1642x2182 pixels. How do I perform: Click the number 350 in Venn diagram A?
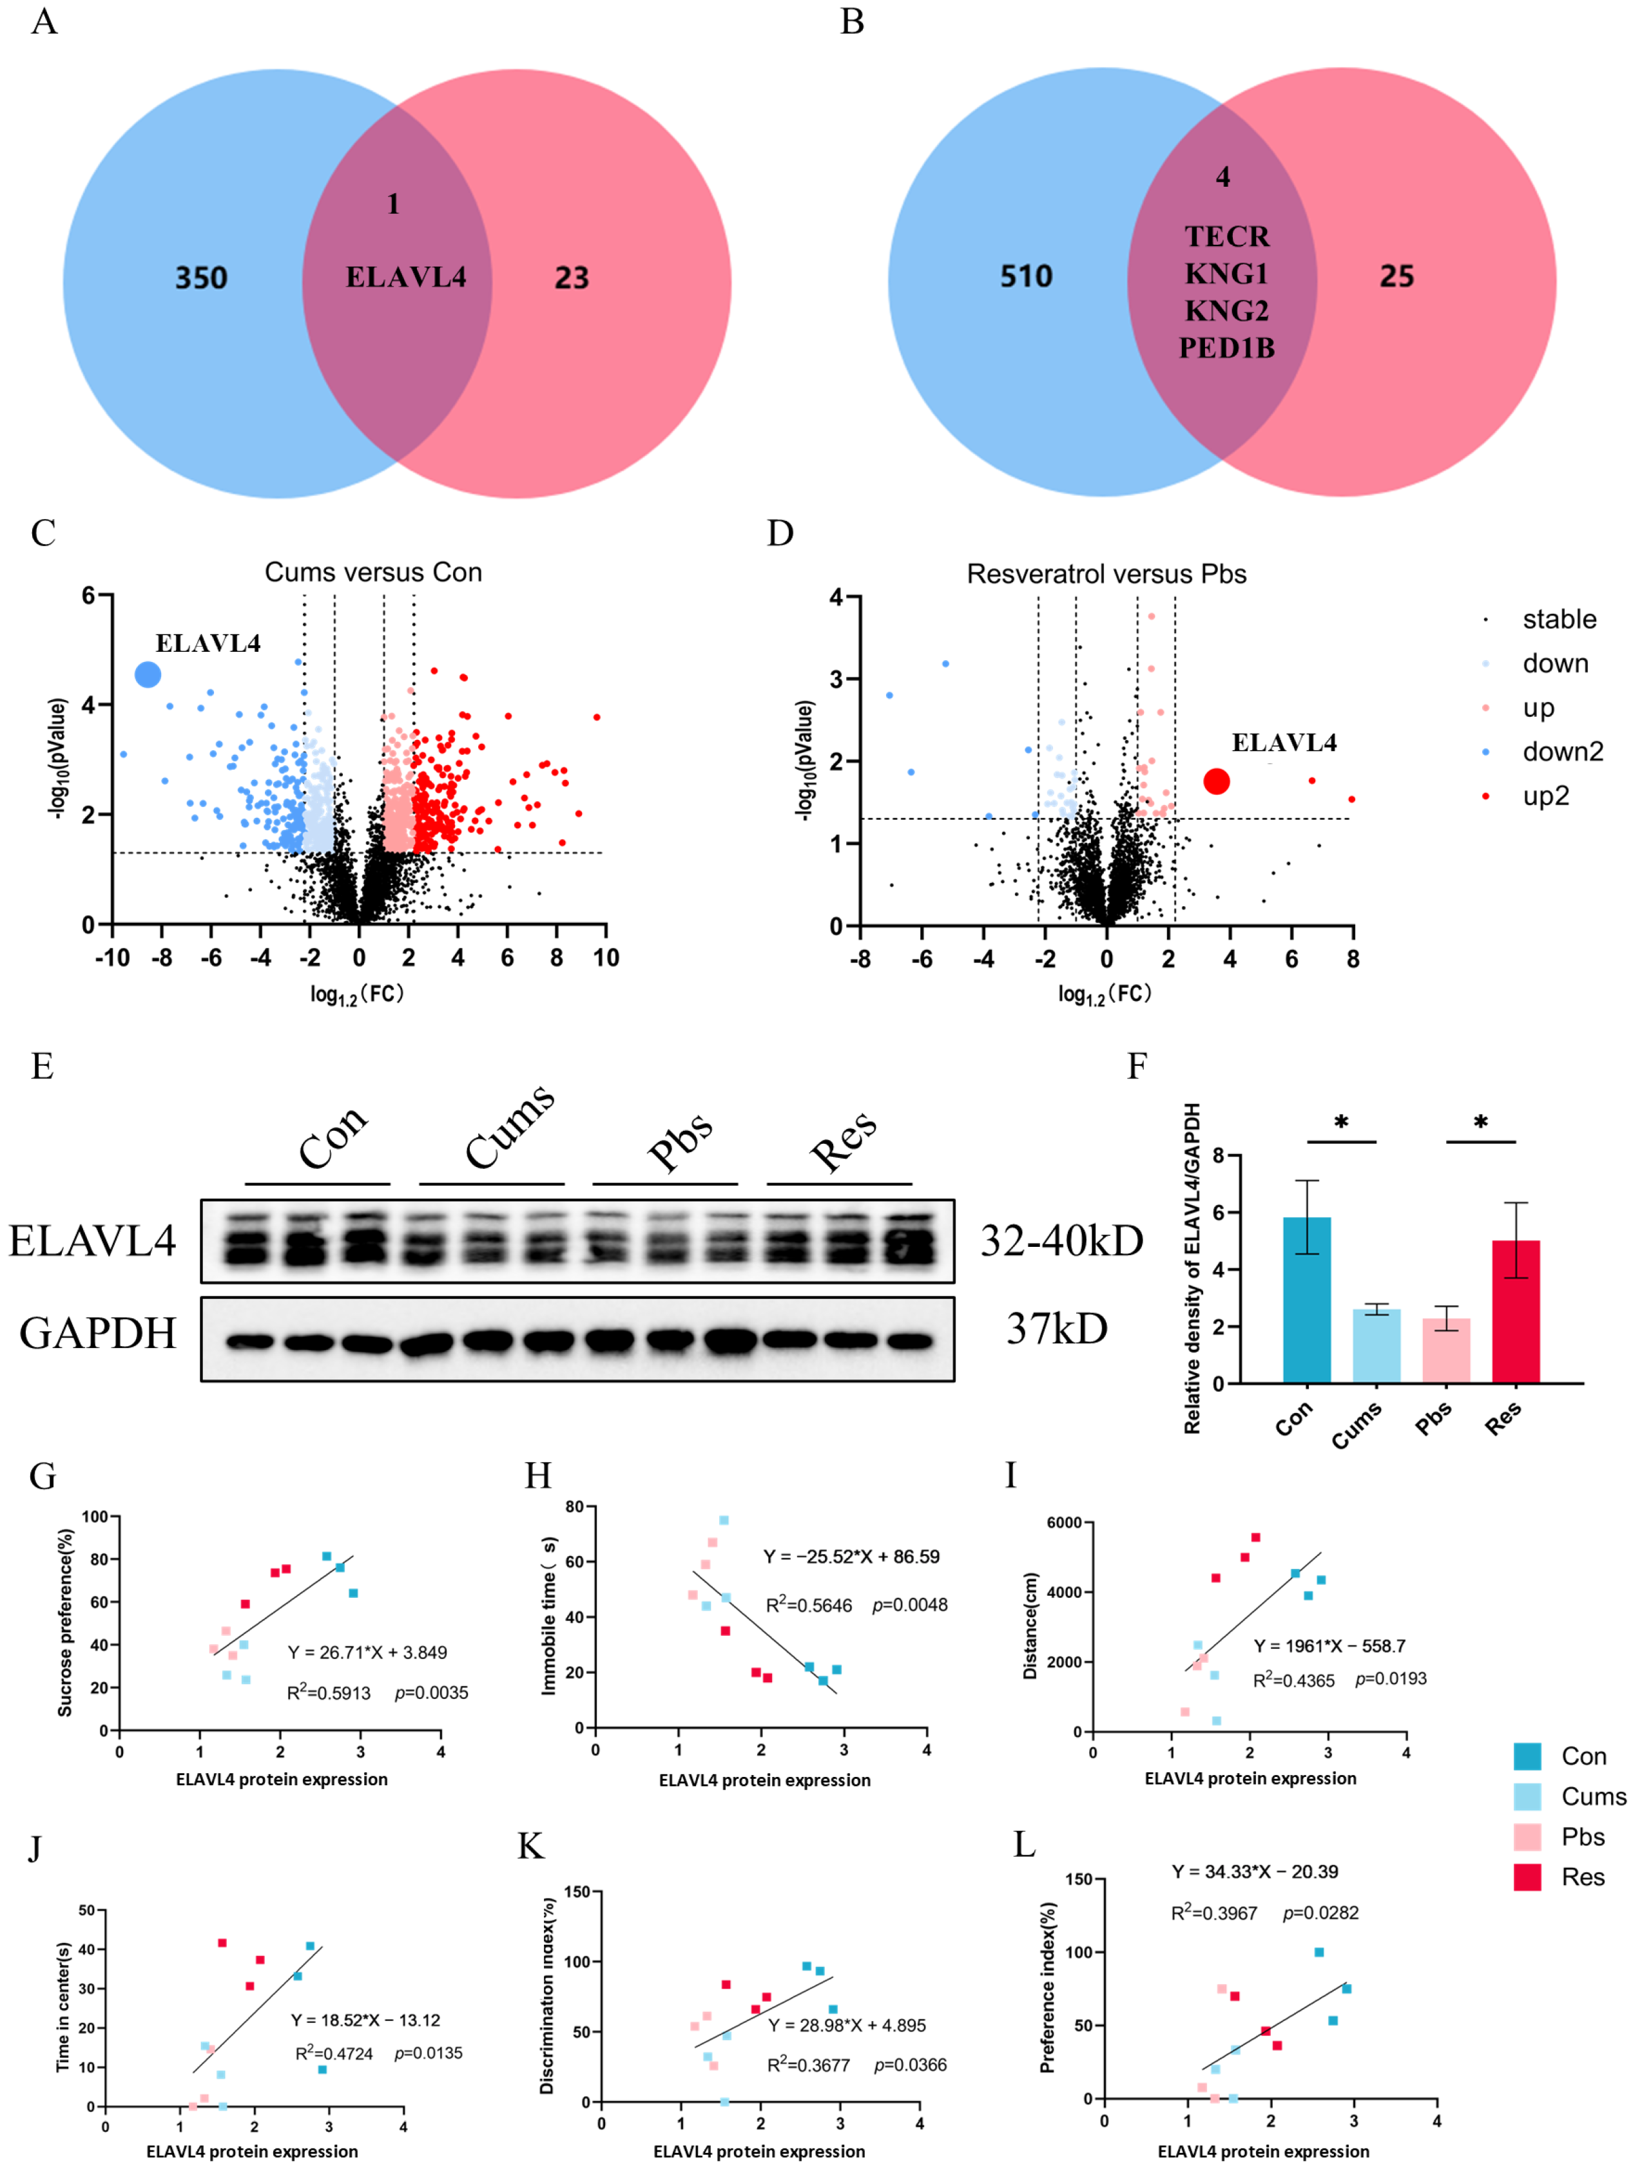tap(201, 278)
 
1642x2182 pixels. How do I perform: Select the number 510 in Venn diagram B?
tap(1026, 276)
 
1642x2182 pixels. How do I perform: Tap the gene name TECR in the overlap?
tap(1226, 237)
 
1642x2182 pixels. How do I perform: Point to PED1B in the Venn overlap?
tap(1226, 348)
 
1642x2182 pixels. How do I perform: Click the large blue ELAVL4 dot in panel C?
tap(148, 675)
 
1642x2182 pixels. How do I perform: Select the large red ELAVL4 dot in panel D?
tap(1217, 781)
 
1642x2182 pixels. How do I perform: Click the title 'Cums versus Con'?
tap(373, 572)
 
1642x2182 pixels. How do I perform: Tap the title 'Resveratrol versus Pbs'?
tap(1106, 574)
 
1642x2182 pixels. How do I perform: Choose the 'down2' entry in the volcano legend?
tap(1562, 752)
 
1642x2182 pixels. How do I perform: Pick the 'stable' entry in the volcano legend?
tap(1558, 620)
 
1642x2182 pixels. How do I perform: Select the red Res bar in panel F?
tap(1516, 1312)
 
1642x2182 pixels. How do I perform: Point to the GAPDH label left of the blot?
tap(98, 1334)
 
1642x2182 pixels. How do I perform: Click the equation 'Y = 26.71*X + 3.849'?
tap(367, 1653)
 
